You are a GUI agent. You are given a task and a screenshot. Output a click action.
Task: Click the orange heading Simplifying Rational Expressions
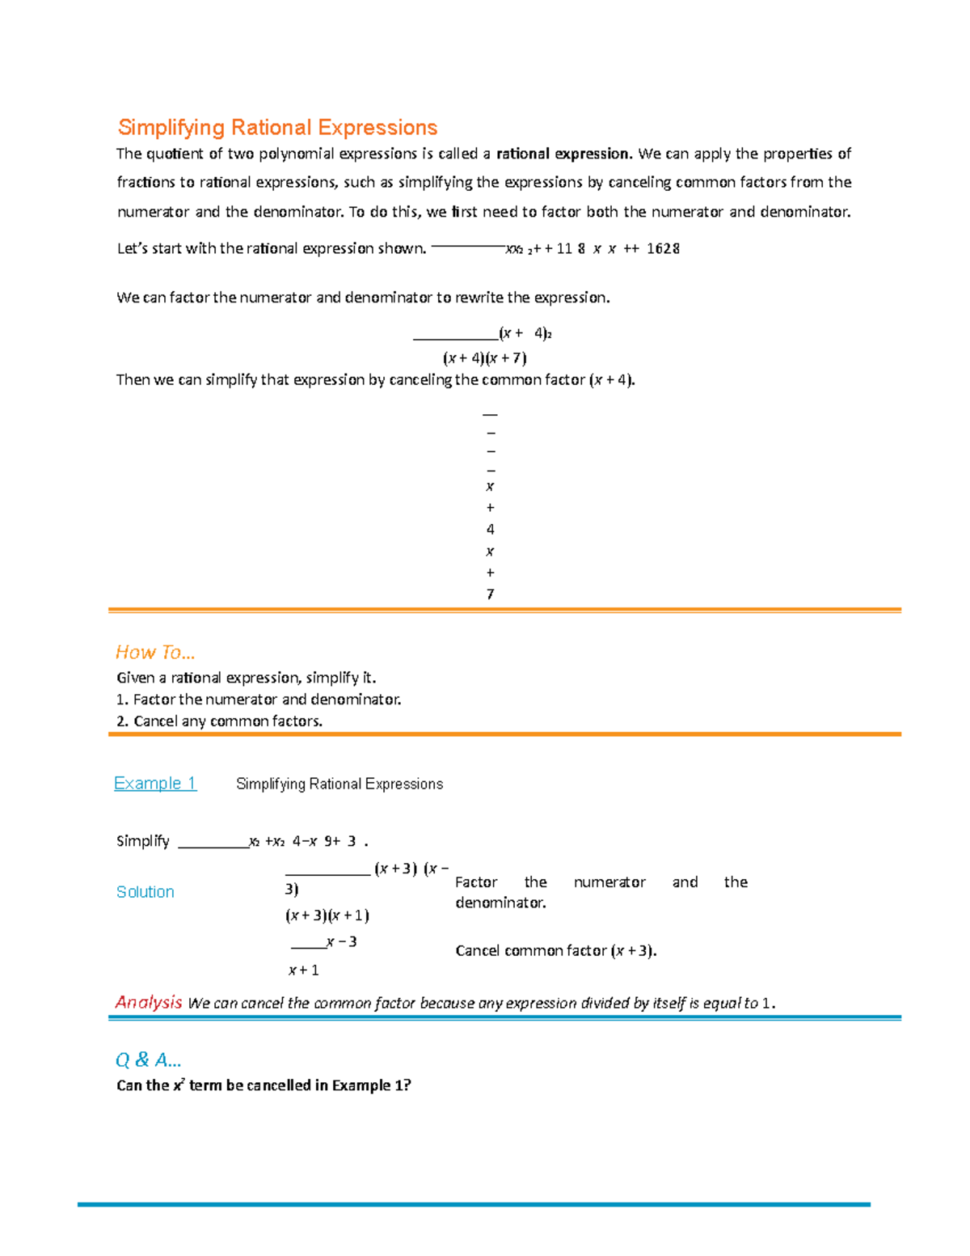point(277,128)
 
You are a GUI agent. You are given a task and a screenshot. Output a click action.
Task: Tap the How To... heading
point(155,652)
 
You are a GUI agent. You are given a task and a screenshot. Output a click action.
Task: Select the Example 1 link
point(155,783)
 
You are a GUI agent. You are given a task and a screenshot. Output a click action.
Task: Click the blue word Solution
point(145,891)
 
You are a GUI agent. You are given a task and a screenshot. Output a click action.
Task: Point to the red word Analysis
point(149,1002)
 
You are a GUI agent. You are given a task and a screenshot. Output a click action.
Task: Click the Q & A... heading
point(149,1059)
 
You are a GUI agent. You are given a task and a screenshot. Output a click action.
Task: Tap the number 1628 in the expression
point(663,249)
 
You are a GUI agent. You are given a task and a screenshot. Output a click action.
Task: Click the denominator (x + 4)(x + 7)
point(485,357)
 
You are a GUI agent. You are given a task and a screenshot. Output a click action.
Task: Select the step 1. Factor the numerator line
point(259,700)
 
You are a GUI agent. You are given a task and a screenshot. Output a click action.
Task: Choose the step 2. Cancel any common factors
point(219,721)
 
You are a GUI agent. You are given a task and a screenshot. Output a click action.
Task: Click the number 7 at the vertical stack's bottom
point(490,594)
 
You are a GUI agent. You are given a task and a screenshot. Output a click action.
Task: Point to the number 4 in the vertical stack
point(490,530)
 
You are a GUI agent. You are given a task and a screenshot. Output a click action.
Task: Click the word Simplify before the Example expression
point(143,841)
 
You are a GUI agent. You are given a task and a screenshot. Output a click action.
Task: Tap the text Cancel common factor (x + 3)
point(555,951)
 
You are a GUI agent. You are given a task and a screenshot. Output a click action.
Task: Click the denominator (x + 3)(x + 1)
point(327,916)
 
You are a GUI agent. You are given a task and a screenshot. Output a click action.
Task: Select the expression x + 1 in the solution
point(304,971)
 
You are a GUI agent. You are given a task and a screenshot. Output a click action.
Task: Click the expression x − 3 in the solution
point(341,942)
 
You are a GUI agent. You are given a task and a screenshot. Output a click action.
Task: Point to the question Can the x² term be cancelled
point(264,1085)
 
